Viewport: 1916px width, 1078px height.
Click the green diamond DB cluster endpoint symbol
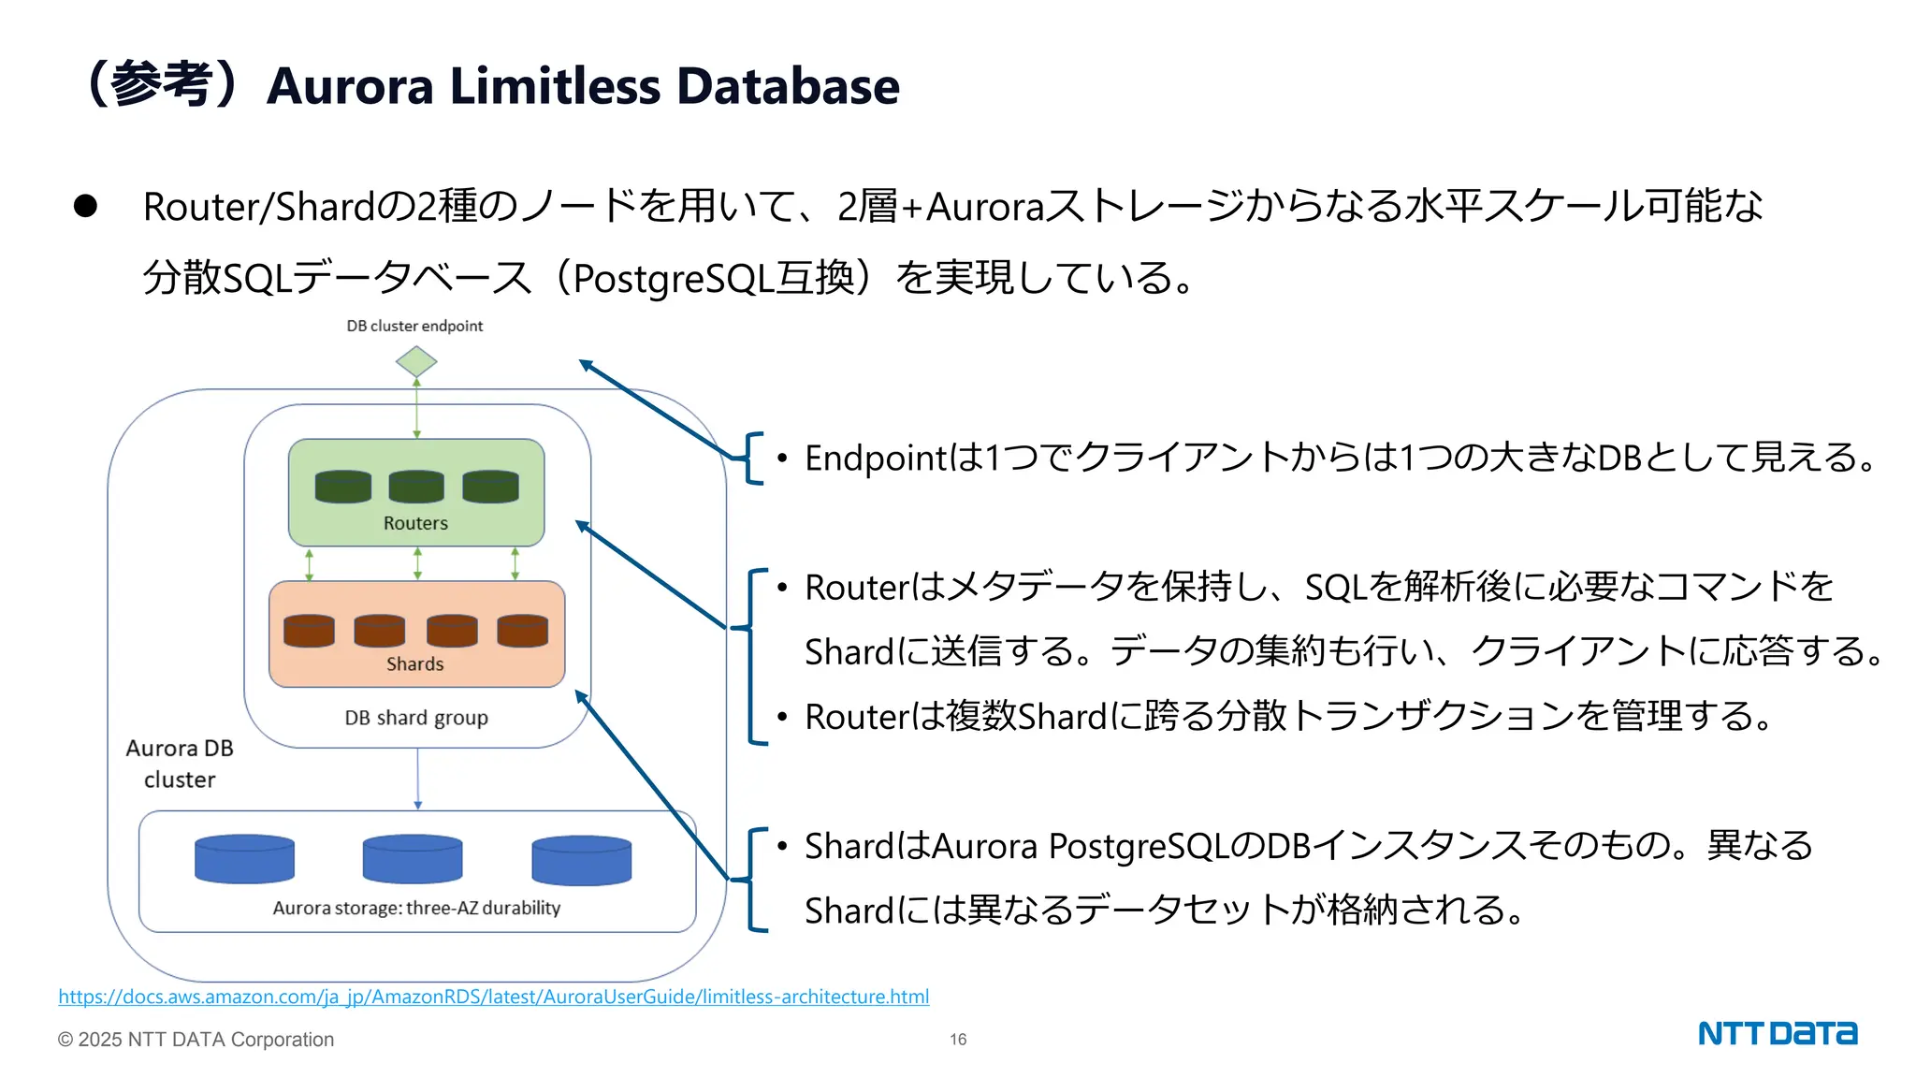pos(416,361)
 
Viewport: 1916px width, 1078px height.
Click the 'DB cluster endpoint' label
pos(414,326)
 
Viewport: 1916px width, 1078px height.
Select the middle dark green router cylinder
pos(416,487)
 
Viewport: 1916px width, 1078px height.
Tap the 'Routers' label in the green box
pos(415,523)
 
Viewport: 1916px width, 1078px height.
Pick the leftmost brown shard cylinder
pos(309,631)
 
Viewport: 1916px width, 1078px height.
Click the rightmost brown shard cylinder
pos(522,631)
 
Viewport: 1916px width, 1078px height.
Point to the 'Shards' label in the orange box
pos(414,663)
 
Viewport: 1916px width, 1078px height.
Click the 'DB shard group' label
pos(416,718)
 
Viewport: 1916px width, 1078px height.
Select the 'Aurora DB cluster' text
pos(180,764)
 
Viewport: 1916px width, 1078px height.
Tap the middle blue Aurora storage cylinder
pos(413,859)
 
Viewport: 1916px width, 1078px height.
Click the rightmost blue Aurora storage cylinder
pos(581,860)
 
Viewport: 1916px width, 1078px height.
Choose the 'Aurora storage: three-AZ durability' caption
pos(416,908)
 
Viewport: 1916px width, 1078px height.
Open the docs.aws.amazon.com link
pos(493,997)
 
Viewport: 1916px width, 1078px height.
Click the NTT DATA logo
pos(1778,1033)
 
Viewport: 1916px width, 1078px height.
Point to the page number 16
pos(958,1040)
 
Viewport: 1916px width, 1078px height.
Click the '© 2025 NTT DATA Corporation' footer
pos(196,1040)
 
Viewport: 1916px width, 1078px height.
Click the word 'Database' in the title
pos(788,86)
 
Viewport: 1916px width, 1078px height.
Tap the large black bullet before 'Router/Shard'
pos(85,207)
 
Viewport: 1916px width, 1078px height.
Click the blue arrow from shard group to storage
pos(417,779)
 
